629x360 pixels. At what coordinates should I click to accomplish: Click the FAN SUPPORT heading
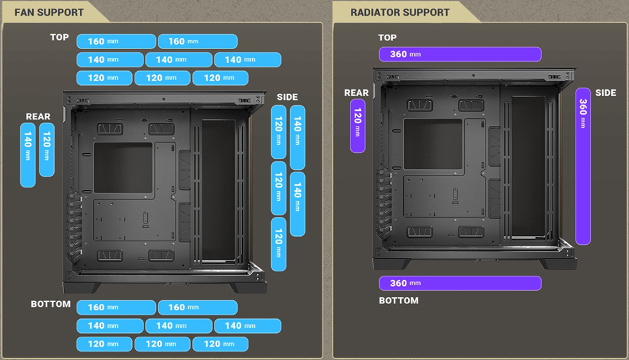point(49,13)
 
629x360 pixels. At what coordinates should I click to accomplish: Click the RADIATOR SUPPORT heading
point(400,13)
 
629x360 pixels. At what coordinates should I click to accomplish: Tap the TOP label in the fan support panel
point(59,37)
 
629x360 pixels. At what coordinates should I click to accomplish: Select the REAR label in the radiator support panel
point(356,93)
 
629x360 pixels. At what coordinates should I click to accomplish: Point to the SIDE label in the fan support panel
point(287,97)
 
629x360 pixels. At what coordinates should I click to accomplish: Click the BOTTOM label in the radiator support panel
point(399,301)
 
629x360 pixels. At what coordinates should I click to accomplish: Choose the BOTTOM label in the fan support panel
point(50,304)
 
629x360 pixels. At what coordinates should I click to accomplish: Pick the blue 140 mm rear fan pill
point(28,155)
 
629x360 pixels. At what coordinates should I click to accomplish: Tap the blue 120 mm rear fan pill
point(47,150)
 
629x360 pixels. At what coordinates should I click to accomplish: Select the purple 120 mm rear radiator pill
point(357,126)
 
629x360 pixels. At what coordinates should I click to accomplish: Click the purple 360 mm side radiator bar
point(583,166)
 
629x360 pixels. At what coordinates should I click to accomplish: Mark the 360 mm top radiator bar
point(460,54)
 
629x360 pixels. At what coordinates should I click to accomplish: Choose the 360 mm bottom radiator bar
point(460,283)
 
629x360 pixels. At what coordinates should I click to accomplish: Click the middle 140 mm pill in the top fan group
point(179,60)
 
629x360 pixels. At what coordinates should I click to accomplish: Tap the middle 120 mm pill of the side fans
point(279,188)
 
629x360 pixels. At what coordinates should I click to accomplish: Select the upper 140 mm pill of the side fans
point(298,138)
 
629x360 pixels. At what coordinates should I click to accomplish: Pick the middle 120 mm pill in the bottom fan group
point(162,344)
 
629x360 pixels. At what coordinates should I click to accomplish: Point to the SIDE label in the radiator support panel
point(605,93)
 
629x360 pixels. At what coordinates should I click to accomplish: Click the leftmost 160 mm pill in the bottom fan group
point(116,307)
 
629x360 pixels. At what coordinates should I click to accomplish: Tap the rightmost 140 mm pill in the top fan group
point(247,60)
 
